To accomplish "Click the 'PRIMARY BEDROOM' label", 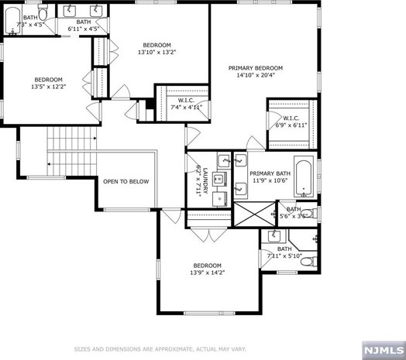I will point(255,68).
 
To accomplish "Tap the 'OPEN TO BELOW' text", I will point(126,181).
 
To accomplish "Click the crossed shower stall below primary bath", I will point(255,212).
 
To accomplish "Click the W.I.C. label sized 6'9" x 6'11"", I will point(290,123).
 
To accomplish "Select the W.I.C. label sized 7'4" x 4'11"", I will point(186,107).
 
